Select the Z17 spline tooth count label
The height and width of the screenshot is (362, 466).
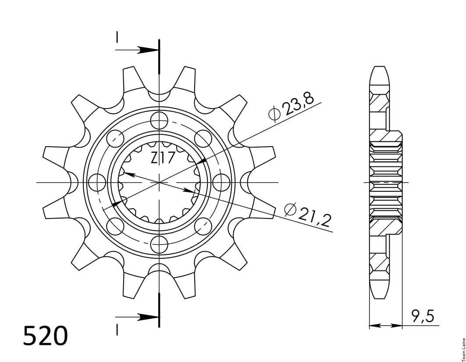click(x=162, y=158)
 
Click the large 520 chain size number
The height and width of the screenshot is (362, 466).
click(x=46, y=336)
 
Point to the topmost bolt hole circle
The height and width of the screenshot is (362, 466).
click(x=159, y=120)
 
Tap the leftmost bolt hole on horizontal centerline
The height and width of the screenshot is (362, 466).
click(x=97, y=182)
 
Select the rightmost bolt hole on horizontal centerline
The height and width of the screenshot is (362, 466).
click(x=222, y=182)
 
